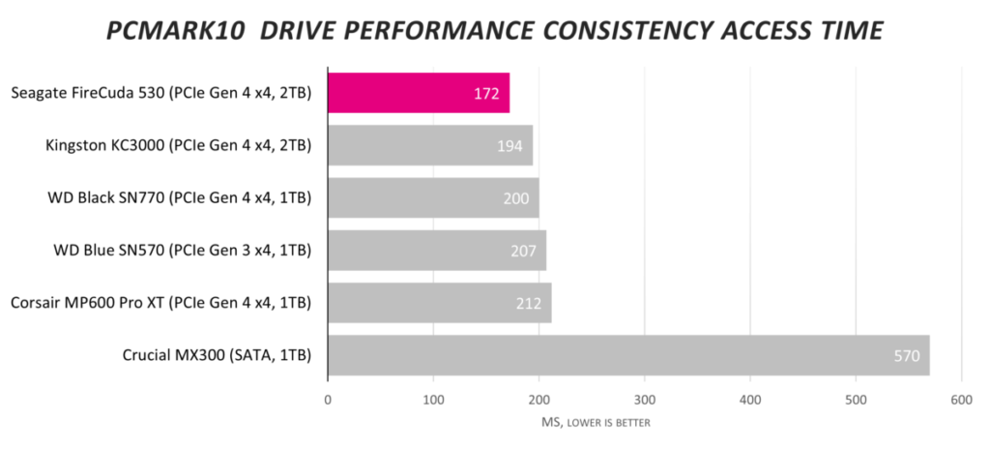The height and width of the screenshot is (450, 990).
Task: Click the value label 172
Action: (486, 94)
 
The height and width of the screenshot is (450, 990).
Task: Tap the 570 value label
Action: (906, 356)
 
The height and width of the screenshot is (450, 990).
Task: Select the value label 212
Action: (529, 304)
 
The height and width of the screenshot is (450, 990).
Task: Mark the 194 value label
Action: (509, 146)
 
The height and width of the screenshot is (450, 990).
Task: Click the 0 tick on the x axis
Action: (328, 400)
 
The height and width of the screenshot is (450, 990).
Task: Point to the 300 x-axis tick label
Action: (645, 400)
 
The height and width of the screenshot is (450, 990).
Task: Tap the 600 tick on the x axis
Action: (961, 400)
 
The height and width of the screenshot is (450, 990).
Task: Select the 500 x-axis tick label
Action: (856, 400)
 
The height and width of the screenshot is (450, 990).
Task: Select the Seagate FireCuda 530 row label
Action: (160, 94)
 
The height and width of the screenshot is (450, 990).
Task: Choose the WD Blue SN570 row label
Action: (182, 251)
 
